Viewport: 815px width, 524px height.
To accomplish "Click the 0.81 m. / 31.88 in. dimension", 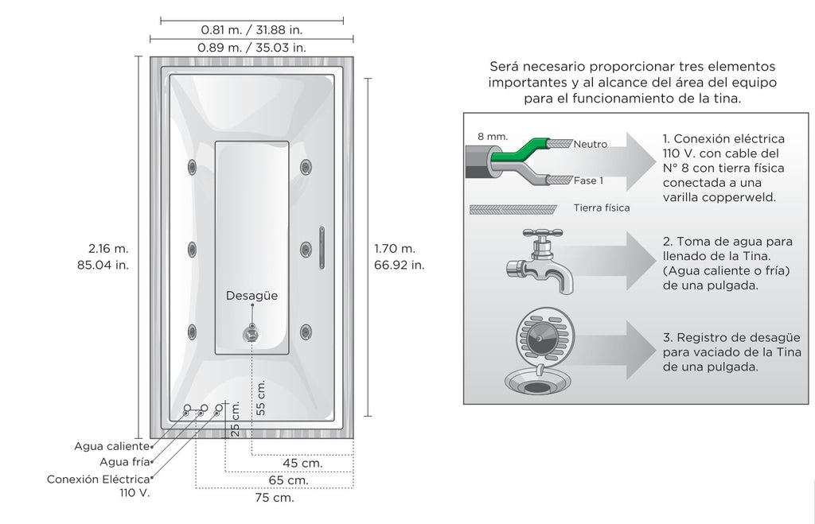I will [252, 29].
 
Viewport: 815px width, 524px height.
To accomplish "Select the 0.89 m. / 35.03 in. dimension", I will [252, 47].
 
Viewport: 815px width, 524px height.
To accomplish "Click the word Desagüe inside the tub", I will [252, 296].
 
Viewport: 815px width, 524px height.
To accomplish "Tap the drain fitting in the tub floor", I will [252, 332].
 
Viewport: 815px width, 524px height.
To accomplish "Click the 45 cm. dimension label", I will [302, 463].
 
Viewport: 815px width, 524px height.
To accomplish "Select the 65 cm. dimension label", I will [288, 480].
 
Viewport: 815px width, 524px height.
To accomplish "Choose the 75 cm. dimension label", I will [274, 498].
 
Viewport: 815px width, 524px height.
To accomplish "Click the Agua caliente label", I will [111, 446].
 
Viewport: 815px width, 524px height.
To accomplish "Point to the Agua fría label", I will [125, 462].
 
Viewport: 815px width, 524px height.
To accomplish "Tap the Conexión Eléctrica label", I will [99, 479].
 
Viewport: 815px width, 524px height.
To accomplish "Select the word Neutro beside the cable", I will [590, 145].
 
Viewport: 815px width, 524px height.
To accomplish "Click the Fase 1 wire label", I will [588, 180].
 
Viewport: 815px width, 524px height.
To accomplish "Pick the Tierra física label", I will [602, 208].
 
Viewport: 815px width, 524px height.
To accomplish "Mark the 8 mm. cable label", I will [492, 136].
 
